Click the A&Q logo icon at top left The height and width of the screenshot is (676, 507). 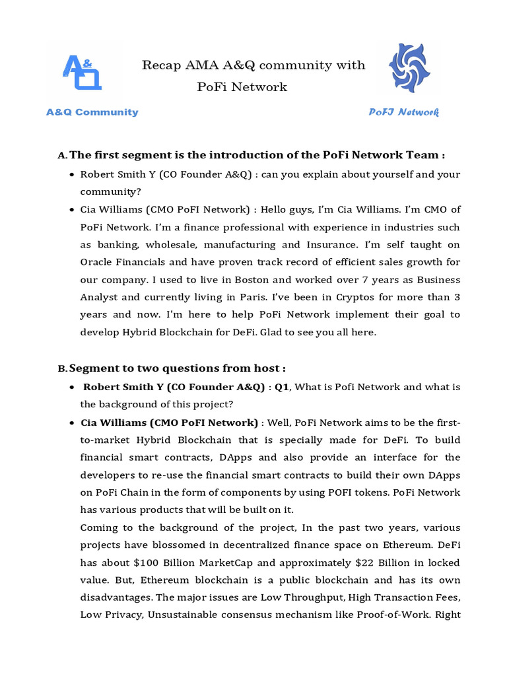(83, 71)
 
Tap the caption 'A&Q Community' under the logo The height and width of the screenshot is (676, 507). (92, 112)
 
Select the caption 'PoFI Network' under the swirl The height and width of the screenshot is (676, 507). (403, 112)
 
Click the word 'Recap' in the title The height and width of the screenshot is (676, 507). (162, 65)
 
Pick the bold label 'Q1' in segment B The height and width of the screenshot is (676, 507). (283, 387)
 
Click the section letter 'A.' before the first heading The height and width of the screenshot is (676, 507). (62, 156)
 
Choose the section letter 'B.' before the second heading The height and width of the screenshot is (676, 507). (62, 369)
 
